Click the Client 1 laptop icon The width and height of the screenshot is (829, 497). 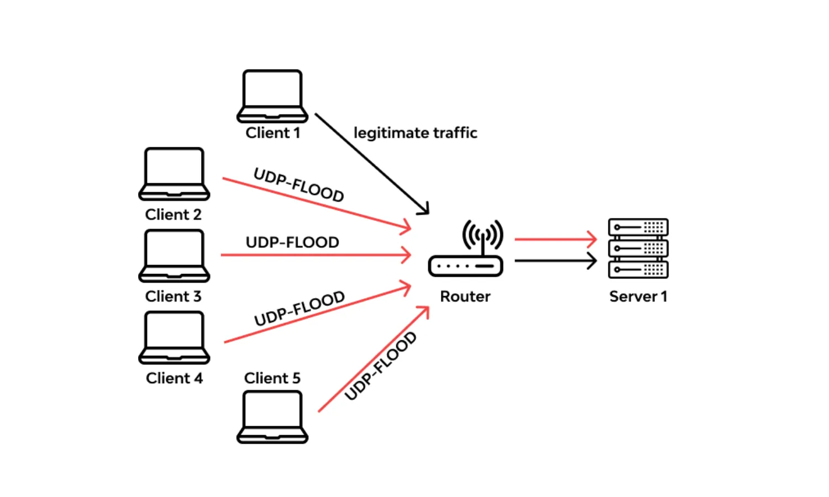point(272,96)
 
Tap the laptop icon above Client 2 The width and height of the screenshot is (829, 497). point(174,173)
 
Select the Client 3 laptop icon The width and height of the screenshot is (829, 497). point(174,255)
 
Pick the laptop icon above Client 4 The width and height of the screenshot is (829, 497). point(174,337)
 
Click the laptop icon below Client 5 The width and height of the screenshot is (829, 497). point(272,417)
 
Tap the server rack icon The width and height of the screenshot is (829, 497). point(638,248)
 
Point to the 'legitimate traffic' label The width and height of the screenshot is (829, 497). point(415,133)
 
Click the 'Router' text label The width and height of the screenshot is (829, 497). point(465,297)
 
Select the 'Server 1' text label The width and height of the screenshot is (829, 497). point(638,297)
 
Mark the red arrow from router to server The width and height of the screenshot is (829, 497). point(555,240)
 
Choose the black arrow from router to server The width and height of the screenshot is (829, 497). point(555,260)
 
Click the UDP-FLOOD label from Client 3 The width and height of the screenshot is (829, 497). point(292,242)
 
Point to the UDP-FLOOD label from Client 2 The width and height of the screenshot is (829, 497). point(298,185)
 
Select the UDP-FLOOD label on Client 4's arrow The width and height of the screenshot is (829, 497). point(299,309)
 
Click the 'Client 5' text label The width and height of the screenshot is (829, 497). point(272,378)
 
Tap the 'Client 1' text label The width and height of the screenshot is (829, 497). point(272,133)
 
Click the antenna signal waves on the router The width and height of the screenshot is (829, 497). point(482,232)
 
